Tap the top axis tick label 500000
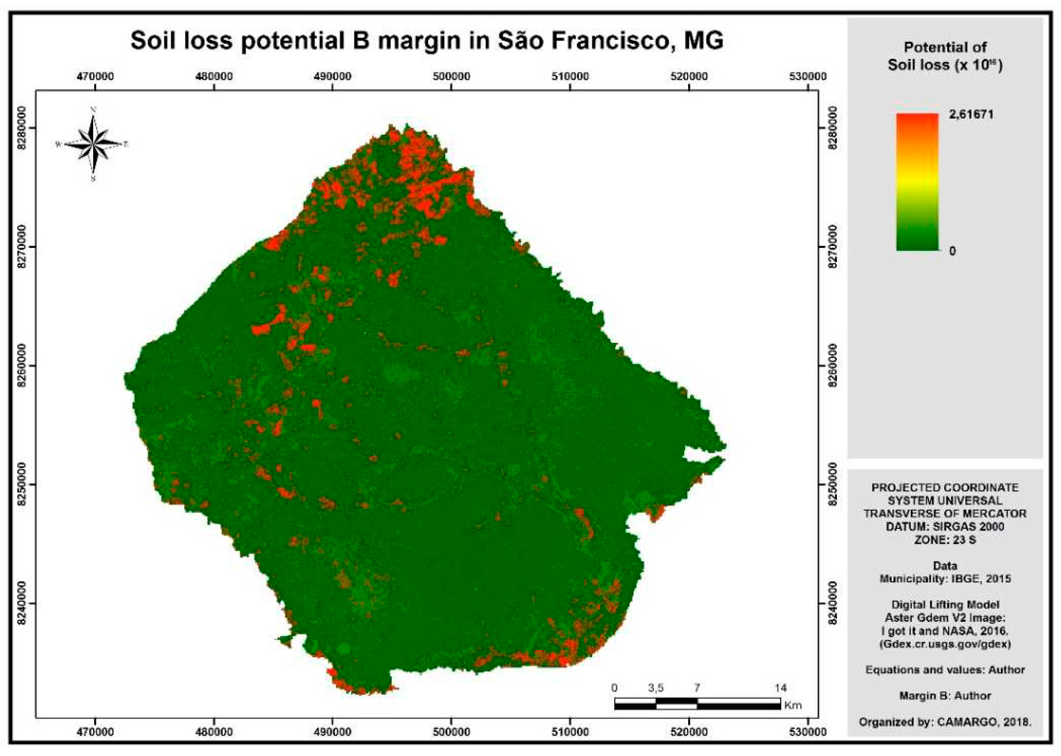[451, 76]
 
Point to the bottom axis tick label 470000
[95, 732]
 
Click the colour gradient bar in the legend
[917, 181]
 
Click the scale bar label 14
[781, 688]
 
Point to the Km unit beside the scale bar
[793, 705]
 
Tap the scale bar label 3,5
[656, 688]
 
